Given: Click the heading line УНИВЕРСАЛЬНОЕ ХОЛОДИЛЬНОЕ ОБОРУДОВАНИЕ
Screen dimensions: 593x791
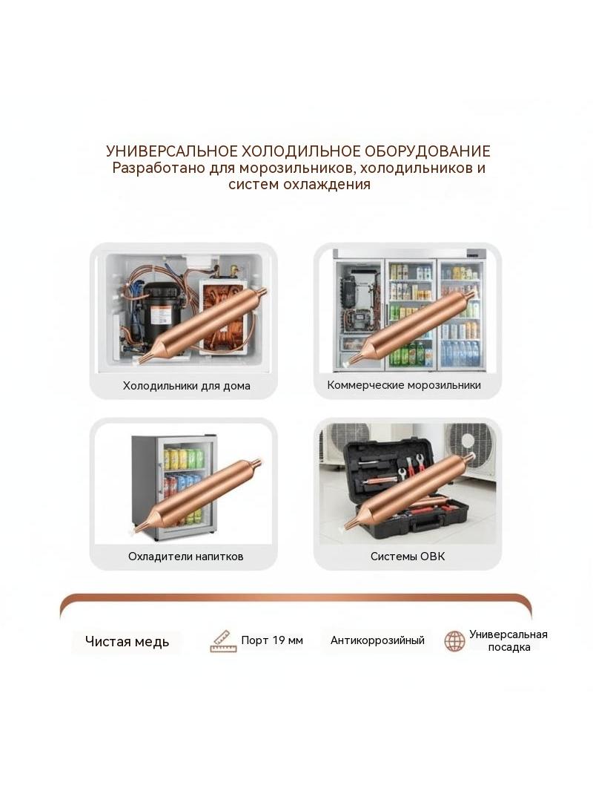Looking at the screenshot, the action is (x=298, y=151).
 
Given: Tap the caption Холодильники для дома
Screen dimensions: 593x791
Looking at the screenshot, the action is (x=186, y=386).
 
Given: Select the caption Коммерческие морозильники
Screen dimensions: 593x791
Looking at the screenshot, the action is (x=404, y=385).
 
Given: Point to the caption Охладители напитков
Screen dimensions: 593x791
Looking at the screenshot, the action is (x=185, y=557).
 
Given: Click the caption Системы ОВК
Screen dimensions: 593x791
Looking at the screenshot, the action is (x=408, y=557).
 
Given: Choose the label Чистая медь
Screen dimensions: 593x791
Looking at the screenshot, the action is (x=127, y=642).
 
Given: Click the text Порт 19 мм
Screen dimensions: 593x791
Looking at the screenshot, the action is (x=272, y=640).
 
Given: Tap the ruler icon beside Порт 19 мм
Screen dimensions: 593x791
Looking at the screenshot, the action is (x=223, y=641).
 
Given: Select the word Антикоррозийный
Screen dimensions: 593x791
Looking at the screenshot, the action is (x=377, y=640).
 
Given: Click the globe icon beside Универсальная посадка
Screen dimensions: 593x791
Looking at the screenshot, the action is (x=454, y=641).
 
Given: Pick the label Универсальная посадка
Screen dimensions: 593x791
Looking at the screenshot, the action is (x=508, y=640).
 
